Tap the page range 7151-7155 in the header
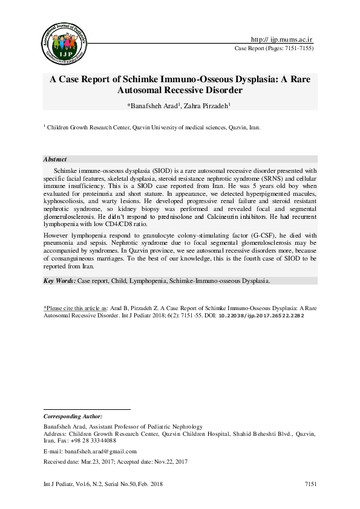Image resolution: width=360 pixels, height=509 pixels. [x=298, y=48]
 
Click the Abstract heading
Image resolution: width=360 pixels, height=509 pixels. [x=55, y=159]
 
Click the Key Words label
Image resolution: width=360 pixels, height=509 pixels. [x=59, y=281]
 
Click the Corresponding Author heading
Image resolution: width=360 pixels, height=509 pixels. [x=73, y=417]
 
